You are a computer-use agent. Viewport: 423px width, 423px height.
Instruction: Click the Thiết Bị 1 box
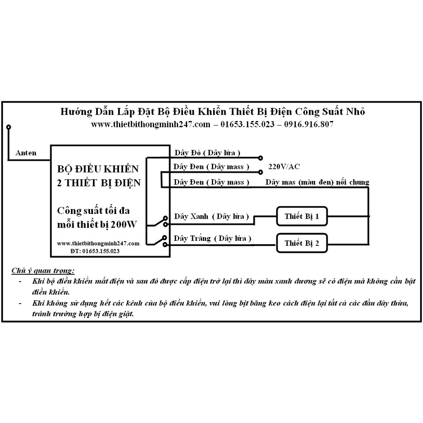tap(302, 216)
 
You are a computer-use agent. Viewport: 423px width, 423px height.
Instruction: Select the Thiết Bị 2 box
tap(302, 243)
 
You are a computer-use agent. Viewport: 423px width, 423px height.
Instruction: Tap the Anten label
tap(26, 153)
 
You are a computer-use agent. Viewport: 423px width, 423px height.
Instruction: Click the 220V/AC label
tap(284, 167)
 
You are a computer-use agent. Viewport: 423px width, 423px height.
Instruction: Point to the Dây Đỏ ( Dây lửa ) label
tap(207, 153)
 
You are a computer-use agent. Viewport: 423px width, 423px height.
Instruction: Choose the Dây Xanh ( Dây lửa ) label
tap(211, 216)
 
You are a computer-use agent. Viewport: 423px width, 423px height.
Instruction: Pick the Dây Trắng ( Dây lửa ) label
tap(212, 238)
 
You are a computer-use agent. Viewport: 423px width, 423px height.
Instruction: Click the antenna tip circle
tap(8, 127)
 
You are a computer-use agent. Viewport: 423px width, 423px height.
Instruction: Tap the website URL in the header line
tap(151, 124)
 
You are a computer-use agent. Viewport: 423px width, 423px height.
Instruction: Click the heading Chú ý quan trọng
tap(43, 271)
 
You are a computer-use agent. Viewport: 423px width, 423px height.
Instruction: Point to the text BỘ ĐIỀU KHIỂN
tap(98, 169)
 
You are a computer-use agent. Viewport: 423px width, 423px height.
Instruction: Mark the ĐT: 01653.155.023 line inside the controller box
tap(95, 251)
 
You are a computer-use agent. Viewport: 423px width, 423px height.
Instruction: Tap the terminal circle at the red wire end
tap(260, 157)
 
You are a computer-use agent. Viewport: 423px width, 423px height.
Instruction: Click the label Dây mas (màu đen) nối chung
tap(317, 182)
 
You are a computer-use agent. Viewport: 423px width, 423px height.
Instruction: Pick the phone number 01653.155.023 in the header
tap(247, 124)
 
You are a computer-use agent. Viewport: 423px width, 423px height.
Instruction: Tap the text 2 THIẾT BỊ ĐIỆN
tap(99, 182)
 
